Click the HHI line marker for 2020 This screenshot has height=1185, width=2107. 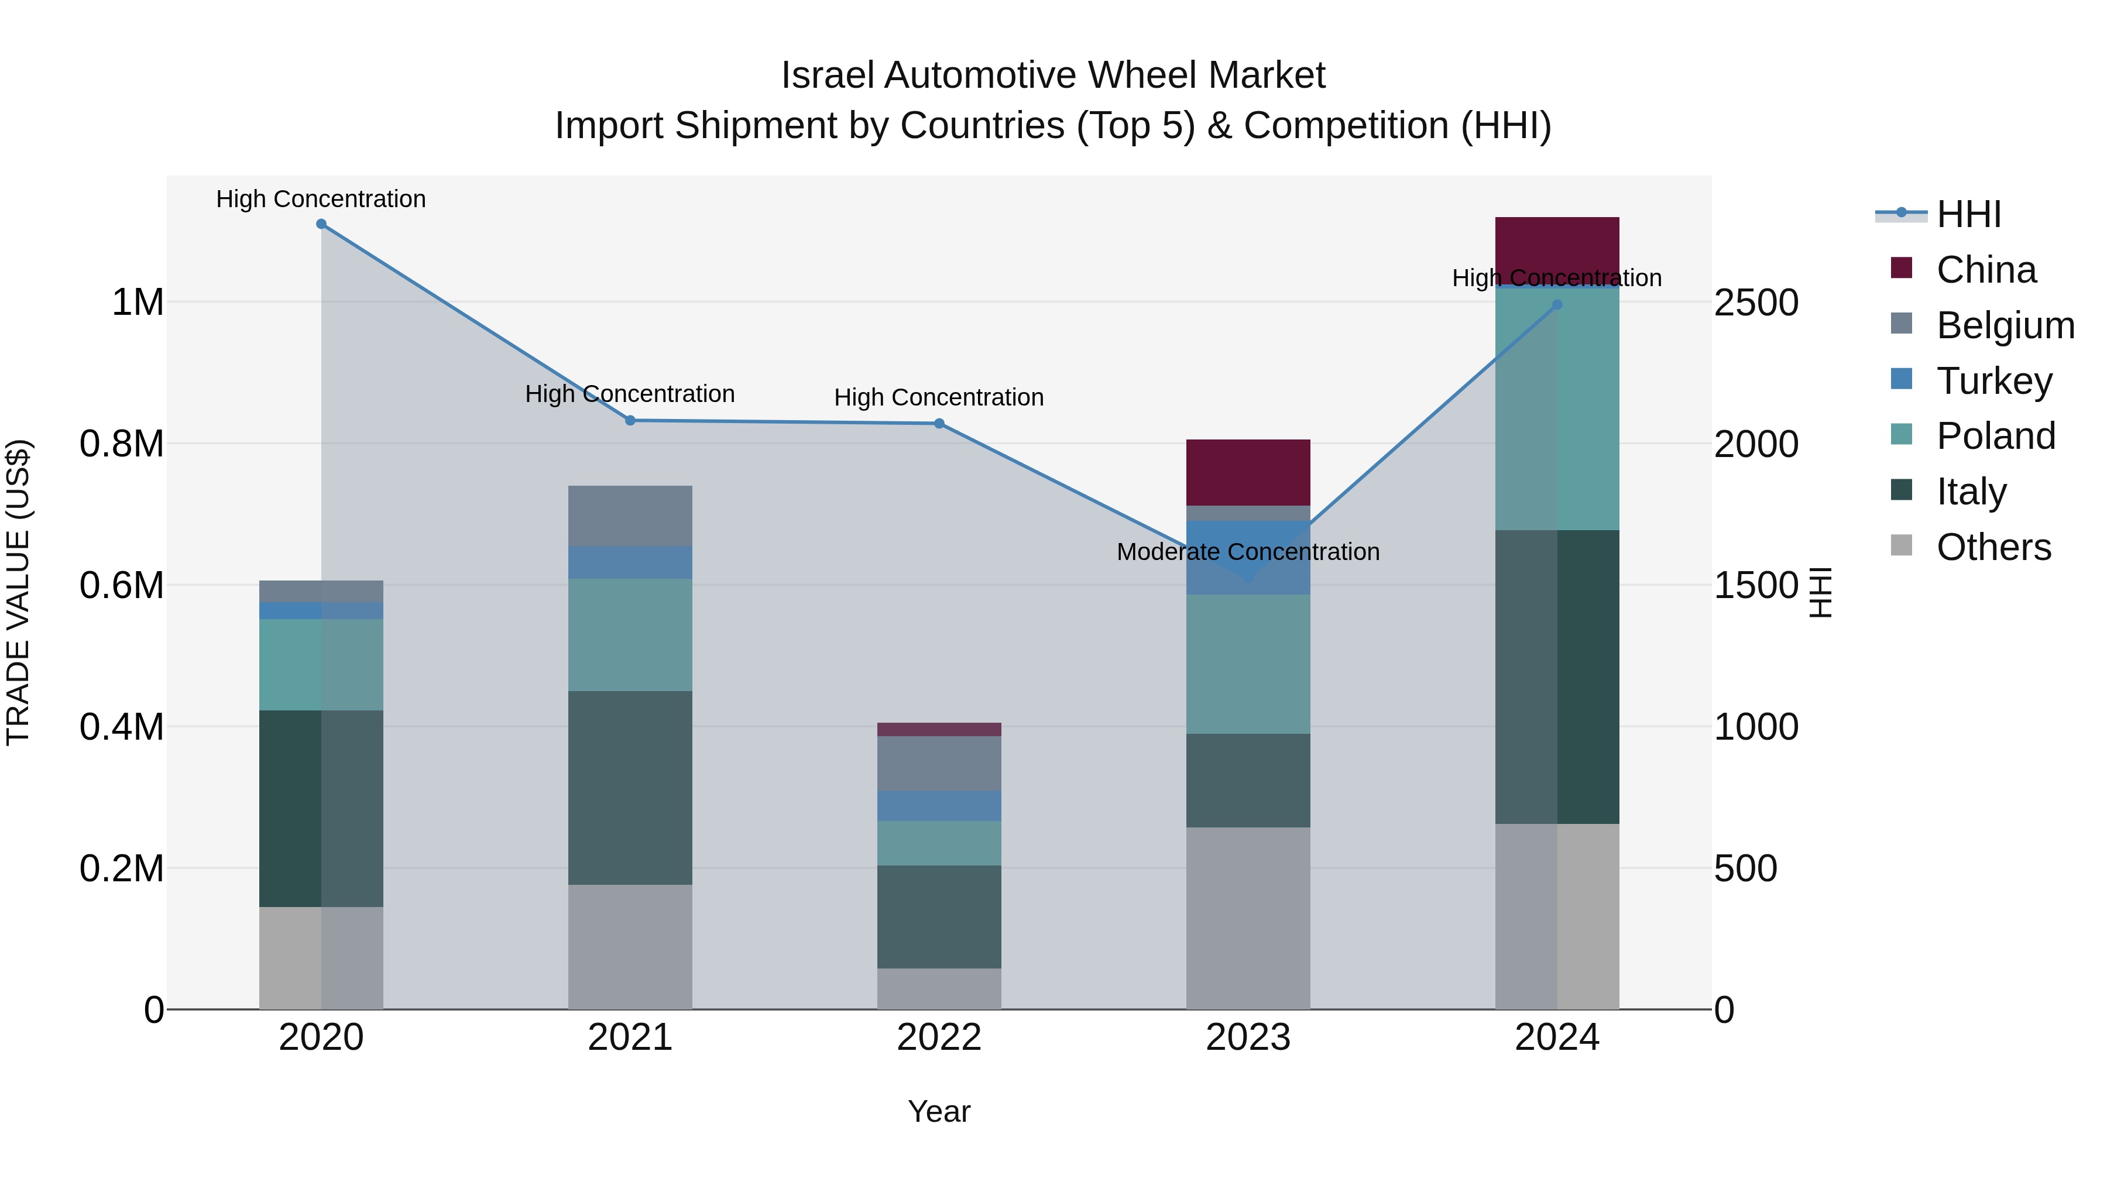point(321,224)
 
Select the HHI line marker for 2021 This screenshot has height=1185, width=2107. point(630,420)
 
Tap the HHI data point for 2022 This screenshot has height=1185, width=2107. point(939,424)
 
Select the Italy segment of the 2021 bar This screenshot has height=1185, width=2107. point(630,788)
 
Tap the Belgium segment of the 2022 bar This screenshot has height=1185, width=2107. point(939,763)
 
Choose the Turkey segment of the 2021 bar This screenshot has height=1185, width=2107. point(630,562)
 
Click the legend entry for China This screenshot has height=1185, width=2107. point(1986,270)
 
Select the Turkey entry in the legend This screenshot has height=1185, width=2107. point(1994,381)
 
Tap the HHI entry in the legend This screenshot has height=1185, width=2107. point(1969,214)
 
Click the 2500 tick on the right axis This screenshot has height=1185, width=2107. point(1756,303)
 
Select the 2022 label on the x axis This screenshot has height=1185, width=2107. point(939,1038)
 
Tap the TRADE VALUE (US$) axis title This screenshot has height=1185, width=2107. point(18,592)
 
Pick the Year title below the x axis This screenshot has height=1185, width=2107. point(939,1111)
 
